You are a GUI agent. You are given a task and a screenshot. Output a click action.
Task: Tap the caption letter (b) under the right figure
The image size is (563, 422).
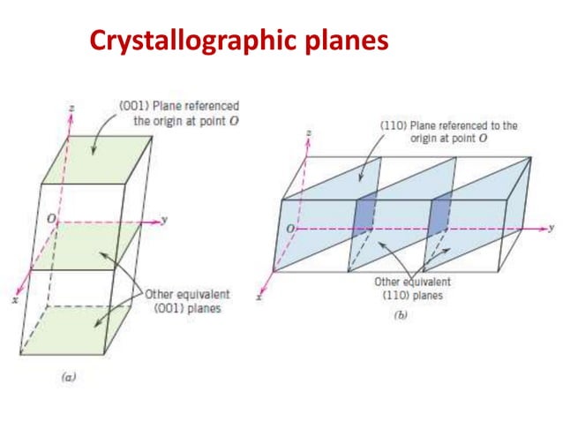(x=400, y=314)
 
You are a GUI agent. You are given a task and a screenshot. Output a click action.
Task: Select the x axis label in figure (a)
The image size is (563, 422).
(x=14, y=300)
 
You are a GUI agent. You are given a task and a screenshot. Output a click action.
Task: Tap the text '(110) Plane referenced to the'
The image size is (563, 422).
(x=442, y=126)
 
